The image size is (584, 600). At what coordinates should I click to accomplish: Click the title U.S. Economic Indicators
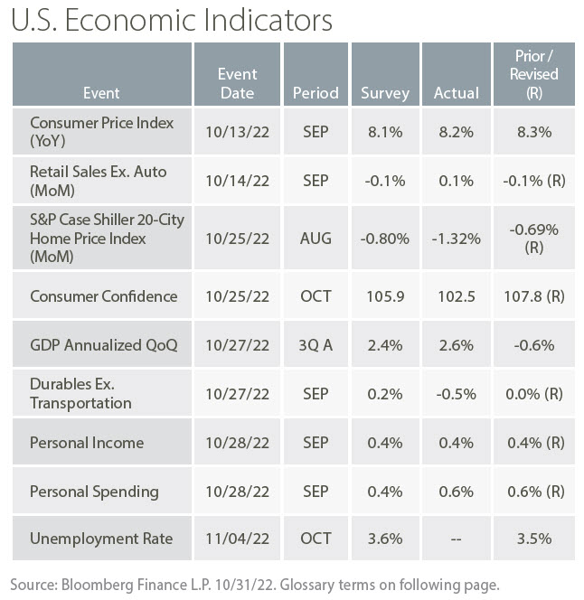tap(171, 20)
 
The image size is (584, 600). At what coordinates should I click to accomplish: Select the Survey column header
tap(384, 92)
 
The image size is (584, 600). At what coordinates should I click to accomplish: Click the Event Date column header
tap(237, 83)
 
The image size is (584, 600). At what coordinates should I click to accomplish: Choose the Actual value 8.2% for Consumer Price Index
tap(454, 131)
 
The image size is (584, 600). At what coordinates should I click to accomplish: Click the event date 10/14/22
tap(237, 180)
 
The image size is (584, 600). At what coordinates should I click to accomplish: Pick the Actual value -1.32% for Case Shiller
tap(454, 239)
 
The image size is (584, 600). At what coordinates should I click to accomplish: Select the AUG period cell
tap(316, 239)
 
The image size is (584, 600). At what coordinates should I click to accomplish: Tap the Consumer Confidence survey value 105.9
tap(384, 296)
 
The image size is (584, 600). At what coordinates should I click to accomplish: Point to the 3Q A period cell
tap(316, 345)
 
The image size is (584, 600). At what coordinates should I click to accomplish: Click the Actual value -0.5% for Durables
tap(454, 394)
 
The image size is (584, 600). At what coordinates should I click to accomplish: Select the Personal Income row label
tap(87, 443)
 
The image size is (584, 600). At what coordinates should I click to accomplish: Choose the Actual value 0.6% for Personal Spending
tap(454, 492)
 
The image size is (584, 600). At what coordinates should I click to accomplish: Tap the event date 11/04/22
tap(237, 539)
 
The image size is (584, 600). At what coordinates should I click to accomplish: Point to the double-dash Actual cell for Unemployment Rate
tap(454, 539)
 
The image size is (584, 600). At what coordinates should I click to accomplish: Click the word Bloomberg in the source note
tap(95, 583)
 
